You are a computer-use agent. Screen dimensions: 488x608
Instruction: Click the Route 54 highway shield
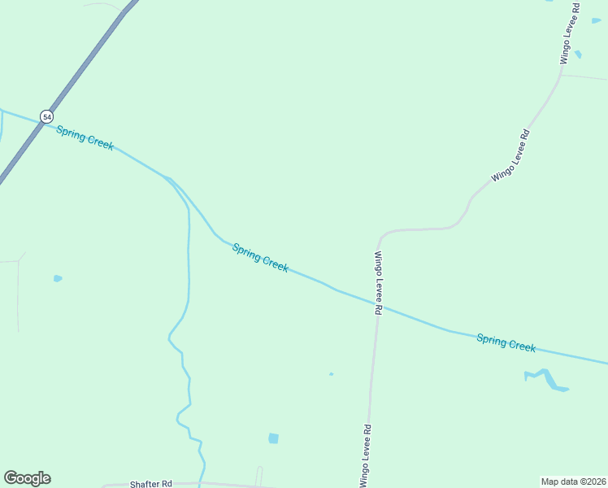(x=47, y=116)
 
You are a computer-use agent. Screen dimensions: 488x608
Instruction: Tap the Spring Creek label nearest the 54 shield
(x=85, y=137)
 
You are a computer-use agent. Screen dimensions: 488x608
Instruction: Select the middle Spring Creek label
(x=260, y=258)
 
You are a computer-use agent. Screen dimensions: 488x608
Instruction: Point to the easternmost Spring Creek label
(x=506, y=343)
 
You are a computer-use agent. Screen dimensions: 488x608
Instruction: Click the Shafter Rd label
(x=151, y=483)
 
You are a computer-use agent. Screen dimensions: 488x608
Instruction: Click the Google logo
(x=27, y=478)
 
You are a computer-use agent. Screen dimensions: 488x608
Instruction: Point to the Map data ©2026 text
(x=573, y=481)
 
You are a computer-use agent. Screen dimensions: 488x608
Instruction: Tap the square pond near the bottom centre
(x=273, y=438)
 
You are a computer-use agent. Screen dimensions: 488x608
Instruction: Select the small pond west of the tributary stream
(x=58, y=278)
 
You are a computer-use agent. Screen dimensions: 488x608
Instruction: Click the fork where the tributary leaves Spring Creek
(x=168, y=178)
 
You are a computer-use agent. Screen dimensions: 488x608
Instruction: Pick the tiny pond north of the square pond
(x=331, y=374)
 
